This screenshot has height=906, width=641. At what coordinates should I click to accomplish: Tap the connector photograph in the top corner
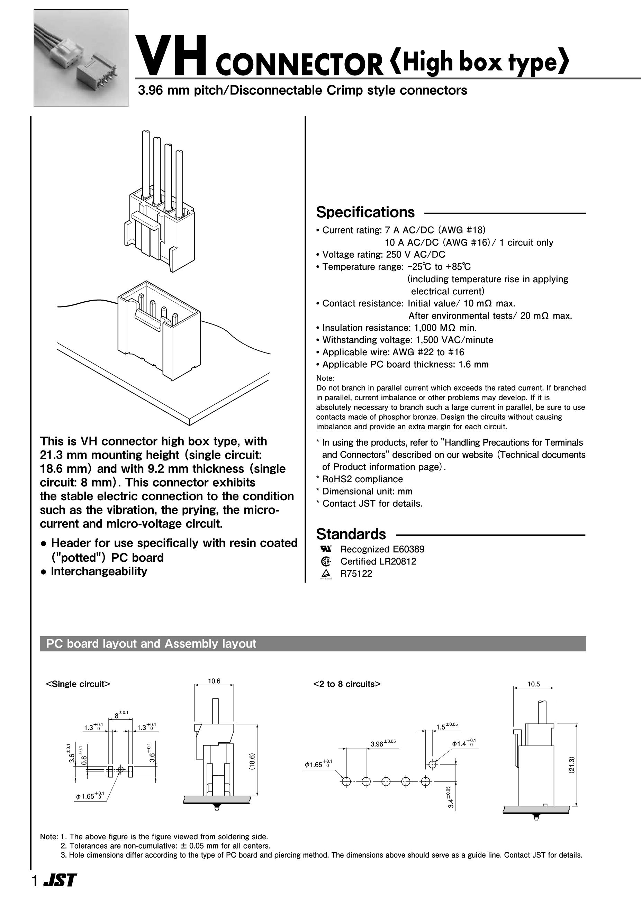click(81, 58)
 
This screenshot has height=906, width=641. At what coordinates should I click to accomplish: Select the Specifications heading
click(365, 212)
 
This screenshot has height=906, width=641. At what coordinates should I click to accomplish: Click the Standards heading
click(351, 534)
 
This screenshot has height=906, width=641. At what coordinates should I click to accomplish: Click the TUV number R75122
click(356, 574)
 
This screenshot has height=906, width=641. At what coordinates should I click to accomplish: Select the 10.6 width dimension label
click(214, 681)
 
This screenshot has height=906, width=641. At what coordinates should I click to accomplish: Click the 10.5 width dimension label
click(534, 684)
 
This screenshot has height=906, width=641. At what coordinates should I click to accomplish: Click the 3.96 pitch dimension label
click(382, 744)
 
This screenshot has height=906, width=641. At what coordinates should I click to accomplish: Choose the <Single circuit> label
click(78, 684)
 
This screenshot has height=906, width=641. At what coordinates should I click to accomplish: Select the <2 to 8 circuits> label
click(347, 684)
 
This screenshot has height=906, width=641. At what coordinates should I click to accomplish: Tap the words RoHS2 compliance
click(363, 479)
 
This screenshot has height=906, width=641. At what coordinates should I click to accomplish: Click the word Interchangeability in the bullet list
click(99, 571)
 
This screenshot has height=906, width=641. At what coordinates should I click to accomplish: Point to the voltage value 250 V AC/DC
click(416, 255)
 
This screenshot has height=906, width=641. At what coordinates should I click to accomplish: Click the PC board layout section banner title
click(151, 644)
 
